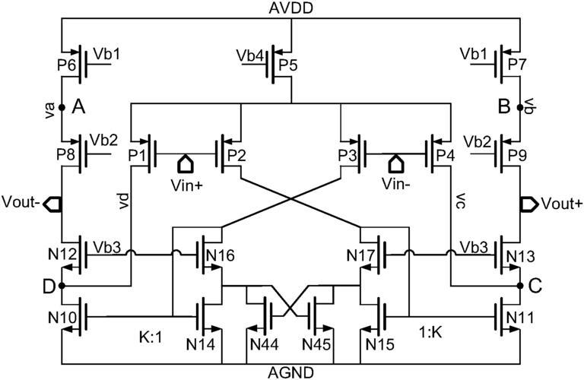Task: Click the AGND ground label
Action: pyautogui.click(x=290, y=372)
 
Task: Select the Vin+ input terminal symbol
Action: pyautogui.click(x=186, y=163)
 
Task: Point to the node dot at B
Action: pyautogui.click(x=520, y=108)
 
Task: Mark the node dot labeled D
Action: pyautogui.click(x=60, y=286)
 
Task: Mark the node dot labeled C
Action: pyautogui.click(x=520, y=286)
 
